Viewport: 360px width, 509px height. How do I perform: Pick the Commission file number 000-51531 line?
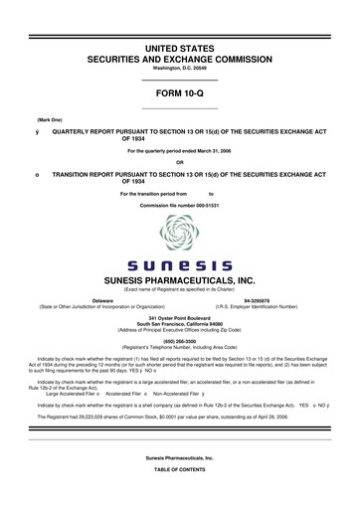179,204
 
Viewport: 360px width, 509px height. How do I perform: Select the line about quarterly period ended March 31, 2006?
179,150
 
